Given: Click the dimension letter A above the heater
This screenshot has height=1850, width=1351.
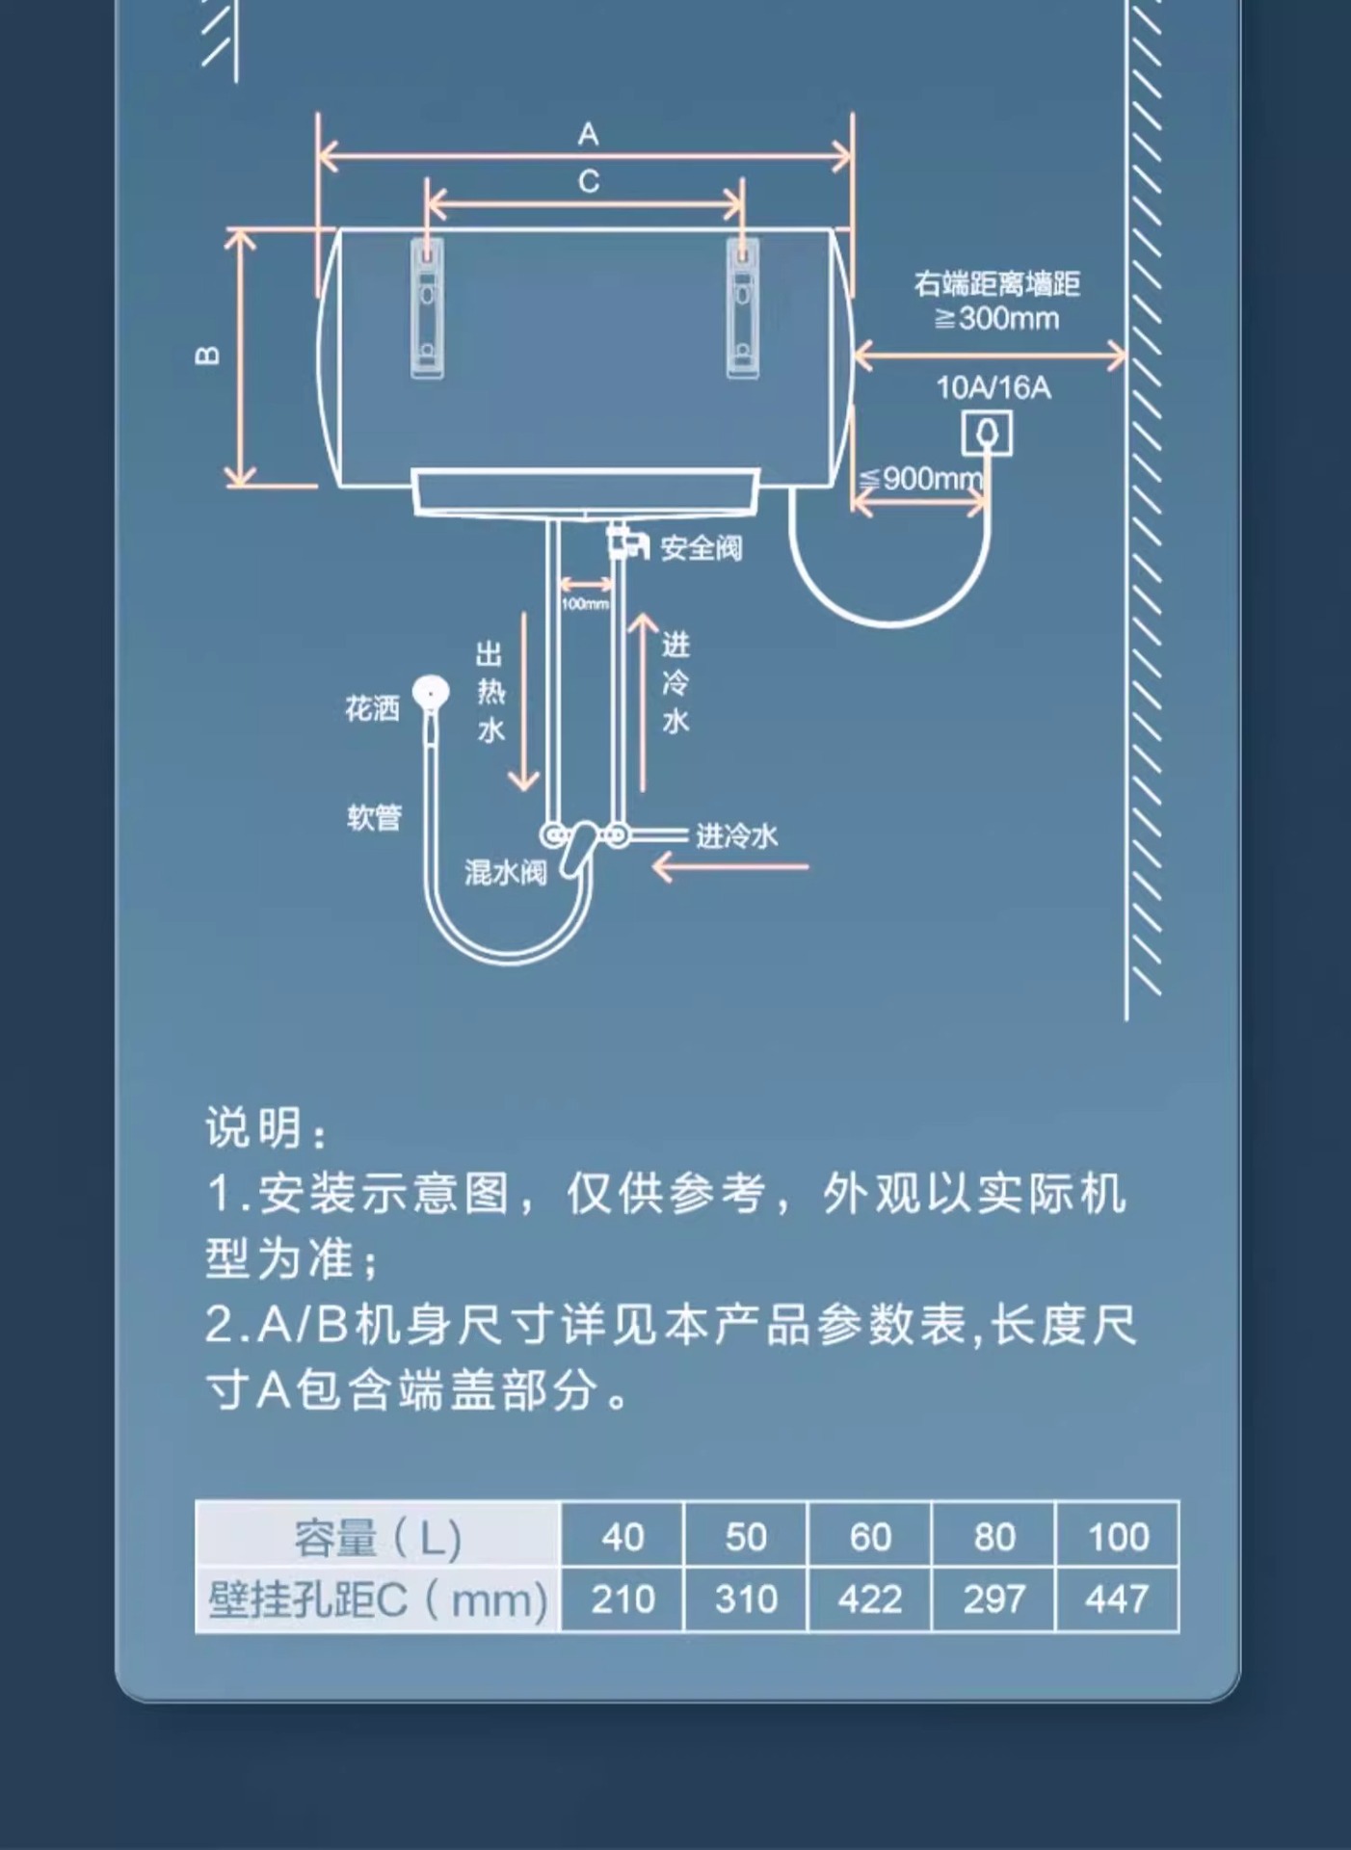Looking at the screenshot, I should click(x=588, y=134).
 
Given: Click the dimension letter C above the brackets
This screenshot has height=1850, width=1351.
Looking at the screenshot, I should click(x=589, y=181).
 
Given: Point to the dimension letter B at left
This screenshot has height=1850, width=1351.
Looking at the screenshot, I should click(x=207, y=356).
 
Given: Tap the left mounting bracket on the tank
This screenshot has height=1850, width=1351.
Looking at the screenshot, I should click(x=428, y=307).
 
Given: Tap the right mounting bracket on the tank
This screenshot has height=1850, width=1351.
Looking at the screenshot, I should click(x=742, y=307).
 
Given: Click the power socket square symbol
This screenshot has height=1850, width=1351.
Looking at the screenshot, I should click(x=987, y=433).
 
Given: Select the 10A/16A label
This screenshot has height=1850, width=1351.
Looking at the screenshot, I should click(x=993, y=388).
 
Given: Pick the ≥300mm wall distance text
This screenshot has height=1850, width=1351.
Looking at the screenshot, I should click(x=996, y=319).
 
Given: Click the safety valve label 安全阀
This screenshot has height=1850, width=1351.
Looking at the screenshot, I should click(x=701, y=548).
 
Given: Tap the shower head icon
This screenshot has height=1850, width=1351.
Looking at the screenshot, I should click(x=431, y=693).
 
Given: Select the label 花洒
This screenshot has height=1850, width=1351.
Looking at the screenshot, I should click(x=372, y=710).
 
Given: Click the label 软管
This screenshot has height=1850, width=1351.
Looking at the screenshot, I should click(x=374, y=818).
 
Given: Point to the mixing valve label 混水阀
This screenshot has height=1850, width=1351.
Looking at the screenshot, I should click(x=505, y=873).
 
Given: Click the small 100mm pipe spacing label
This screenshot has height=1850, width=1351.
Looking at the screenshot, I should click(x=585, y=604).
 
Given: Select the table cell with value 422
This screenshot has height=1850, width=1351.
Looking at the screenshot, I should click(x=869, y=1600).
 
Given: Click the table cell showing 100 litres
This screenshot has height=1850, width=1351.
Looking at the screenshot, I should click(x=1118, y=1537).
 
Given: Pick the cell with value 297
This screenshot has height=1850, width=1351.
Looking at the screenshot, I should click(x=993, y=1600).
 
